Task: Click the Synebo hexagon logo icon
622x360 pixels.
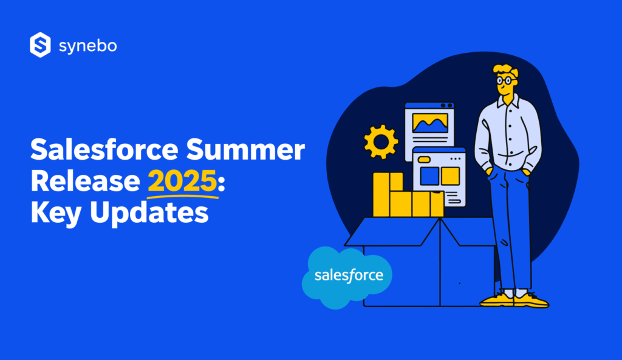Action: [x=39, y=46]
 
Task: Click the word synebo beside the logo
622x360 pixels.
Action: [x=87, y=46]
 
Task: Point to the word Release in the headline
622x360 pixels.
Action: [x=85, y=182]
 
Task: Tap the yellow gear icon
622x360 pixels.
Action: [x=380, y=143]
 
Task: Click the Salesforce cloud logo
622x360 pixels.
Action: [x=348, y=276]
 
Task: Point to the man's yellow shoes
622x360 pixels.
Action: [x=514, y=300]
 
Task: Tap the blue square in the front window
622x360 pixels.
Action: [x=429, y=176]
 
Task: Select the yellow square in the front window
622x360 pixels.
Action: [x=450, y=176]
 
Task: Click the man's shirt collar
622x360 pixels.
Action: [x=508, y=101]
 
